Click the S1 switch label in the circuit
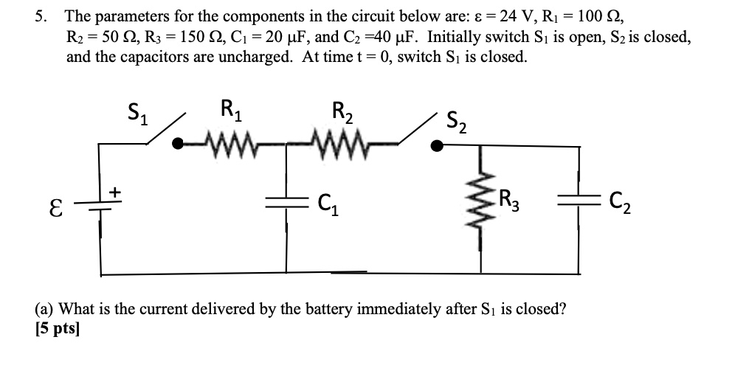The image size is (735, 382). pos(137,116)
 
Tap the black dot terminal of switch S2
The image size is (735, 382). pos(438,146)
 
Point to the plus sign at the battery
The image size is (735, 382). pos(114,192)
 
